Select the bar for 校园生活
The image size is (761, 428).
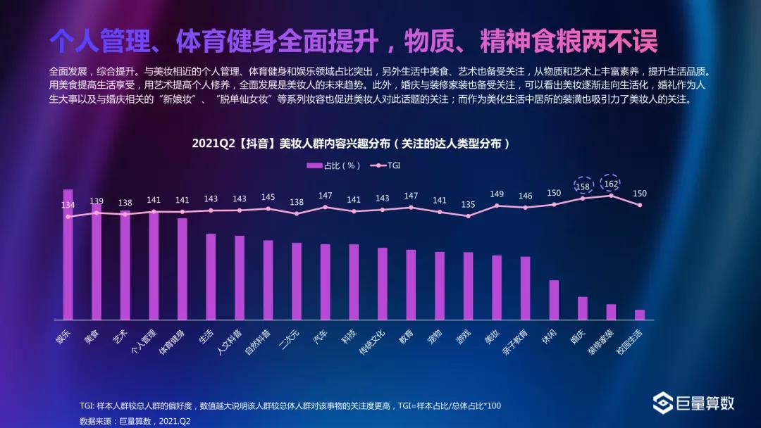[x=640, y=315]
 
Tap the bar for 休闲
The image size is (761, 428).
[x=554, y=300]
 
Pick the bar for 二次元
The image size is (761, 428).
[x=297, y=281]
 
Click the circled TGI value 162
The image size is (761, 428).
[x=611, y=184]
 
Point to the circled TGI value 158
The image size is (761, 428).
[x=583, y=187]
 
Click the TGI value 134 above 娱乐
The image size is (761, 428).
[x=68, y=205]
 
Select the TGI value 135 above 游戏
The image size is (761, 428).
[x=468, y=205]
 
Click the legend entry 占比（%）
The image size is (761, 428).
[x=333, y=165]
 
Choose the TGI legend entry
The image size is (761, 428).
[x=390, y=165]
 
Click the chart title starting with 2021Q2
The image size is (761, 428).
[x=350, y=143]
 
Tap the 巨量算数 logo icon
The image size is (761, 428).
[x=663, y=403]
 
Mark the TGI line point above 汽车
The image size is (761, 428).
[x=325, y=207]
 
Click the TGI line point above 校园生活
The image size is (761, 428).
[x=640, y=205]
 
